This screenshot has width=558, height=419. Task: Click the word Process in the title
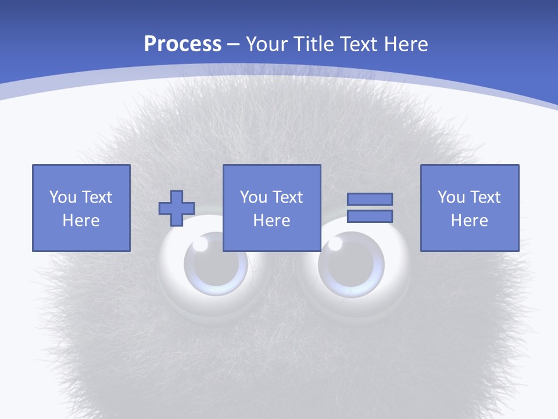click(x=183, y=44)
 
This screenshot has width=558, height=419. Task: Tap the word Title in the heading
click(x=314, y=44)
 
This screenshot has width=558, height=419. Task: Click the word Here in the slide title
click(x=407, y=44)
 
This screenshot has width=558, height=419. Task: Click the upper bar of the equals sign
click(x=370, y=200)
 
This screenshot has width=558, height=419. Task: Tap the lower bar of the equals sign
click(x=370, y=216)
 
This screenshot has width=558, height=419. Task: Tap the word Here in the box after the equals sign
click(x=470, y=221)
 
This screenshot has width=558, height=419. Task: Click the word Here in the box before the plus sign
click(x=81, y=221)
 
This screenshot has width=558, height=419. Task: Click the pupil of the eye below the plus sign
click(x=214, y=265)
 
